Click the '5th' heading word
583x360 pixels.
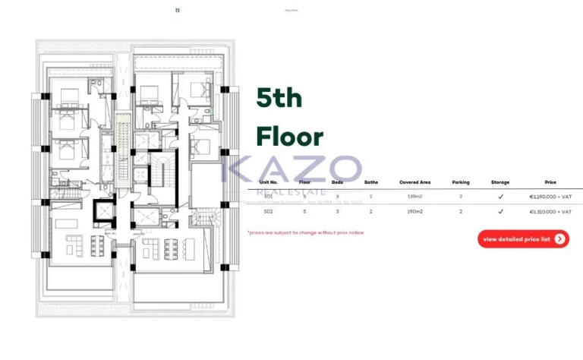coord(279,99)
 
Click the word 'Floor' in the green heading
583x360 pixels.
coord(289,137)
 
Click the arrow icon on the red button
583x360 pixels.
coord(559,238)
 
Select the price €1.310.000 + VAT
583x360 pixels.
coord(550,212)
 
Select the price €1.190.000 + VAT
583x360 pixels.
coord(550,196)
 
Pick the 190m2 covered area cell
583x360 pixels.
coord(414,212)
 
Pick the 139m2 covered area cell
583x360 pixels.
coord(414,196)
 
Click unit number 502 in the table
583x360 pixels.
coord(268,212)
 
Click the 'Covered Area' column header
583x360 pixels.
coord(414,182)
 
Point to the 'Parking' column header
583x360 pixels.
coord(460,182)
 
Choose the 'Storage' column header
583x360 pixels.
coord(500,182)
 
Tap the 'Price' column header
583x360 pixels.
coord(550,182)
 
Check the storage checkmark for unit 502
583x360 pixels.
coord(500,212)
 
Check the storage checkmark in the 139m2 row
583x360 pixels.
coord(500,196)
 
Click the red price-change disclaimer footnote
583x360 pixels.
coord(305,232)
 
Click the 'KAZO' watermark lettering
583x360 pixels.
coord(291,169)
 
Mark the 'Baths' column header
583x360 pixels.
coord(370,182)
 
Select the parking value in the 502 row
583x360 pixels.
coord(460,212)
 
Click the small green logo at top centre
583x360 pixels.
coord(177,10)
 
